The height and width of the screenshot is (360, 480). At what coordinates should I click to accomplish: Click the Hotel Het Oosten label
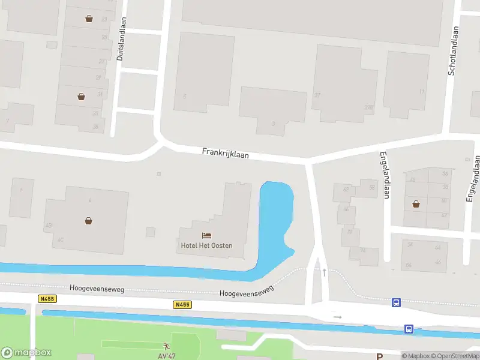pos(206,245)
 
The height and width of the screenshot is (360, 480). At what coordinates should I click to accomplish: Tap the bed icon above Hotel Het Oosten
pos(207,235)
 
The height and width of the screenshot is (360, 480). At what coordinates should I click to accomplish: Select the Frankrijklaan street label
pos(225,154)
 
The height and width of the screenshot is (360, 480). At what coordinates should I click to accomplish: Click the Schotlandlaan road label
pos(452,50)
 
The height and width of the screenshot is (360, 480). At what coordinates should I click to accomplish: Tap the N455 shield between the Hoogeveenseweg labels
pos(182,305)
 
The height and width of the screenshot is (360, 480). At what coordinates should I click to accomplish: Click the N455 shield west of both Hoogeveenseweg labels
pos(46,298)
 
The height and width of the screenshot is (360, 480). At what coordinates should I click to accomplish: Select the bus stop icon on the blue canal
pos(409,329)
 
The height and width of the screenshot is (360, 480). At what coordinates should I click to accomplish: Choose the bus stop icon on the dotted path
pos(396,302)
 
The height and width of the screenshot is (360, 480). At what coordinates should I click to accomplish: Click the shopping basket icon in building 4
pos(89,220)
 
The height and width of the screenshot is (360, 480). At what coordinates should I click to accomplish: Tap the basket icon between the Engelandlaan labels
pos(416,204)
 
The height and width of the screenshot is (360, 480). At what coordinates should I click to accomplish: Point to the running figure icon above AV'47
pos(166,346)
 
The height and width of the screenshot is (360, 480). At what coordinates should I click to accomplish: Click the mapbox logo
pos(26,353)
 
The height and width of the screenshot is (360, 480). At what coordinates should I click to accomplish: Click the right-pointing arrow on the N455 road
pos(338,317)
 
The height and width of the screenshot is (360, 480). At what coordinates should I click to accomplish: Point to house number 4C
pos(61,239)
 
